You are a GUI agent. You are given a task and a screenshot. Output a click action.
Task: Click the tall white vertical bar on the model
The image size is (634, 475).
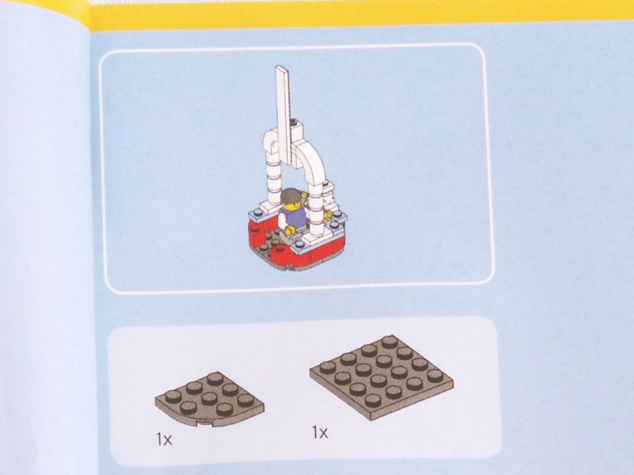284,113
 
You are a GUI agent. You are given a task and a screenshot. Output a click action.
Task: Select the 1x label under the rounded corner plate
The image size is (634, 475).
164,439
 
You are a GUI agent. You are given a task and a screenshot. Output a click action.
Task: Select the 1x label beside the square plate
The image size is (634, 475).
320,432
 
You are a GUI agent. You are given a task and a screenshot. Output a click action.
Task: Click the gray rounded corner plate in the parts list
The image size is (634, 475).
209,399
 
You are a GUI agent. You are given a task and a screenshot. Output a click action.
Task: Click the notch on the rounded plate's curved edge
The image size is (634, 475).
206,424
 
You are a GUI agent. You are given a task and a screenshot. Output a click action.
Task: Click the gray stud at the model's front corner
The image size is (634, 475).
300,243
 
